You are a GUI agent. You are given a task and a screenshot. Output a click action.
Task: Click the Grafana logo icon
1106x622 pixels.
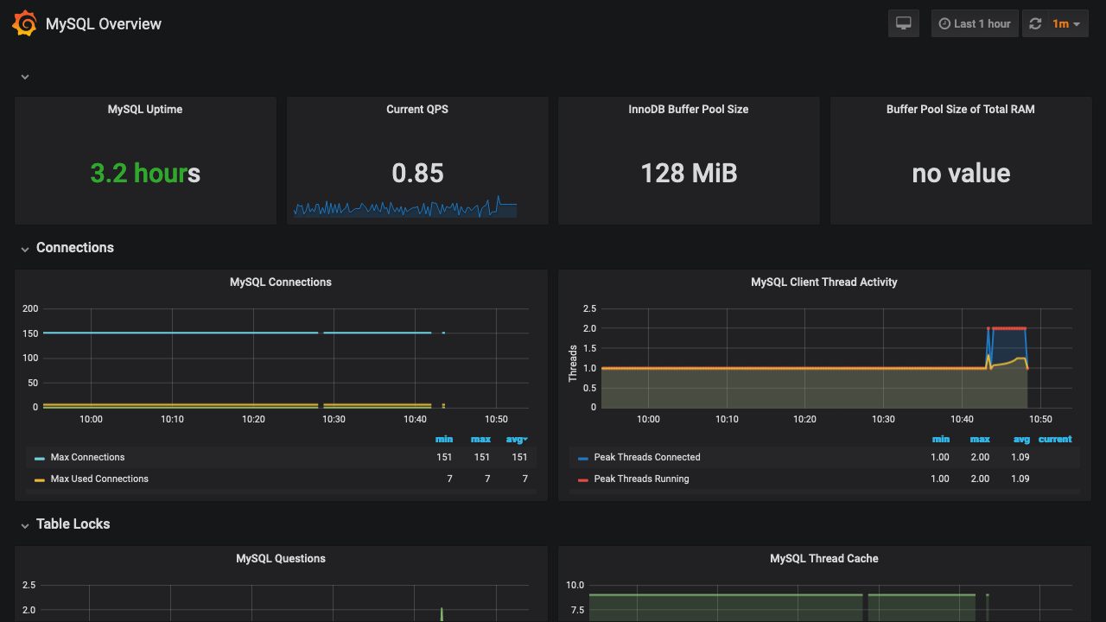[x=24, y=23]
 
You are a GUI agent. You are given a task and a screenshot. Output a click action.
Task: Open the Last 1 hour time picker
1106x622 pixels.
[x=974, y=23]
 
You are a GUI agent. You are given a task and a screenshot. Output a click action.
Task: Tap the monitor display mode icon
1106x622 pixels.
[x=904, y=23]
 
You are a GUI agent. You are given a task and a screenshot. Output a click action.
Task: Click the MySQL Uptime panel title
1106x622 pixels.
[x=145, y=110]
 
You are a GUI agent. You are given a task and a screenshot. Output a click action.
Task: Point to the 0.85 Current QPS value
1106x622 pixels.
[x=417, y=173]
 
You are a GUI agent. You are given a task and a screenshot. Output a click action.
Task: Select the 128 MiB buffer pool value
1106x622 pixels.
[x=689, y=173]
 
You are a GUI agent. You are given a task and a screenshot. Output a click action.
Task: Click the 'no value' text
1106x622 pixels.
[x=961, y=173]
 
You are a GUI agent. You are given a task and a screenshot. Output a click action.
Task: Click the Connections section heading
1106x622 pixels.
[x=75, y=248]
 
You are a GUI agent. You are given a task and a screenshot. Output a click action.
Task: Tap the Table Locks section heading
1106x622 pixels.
[x=73, y=524]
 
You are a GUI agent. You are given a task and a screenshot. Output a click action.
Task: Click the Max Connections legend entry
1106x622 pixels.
[x=87, y=457]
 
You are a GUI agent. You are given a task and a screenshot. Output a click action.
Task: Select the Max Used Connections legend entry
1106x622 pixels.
[x=99, y=479]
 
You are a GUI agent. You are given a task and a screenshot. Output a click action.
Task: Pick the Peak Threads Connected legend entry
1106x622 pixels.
[x=647, y=457]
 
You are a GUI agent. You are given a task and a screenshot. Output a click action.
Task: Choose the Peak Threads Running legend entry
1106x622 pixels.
[x=641, y=479]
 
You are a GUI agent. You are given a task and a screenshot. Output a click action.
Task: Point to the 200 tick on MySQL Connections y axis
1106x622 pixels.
[x=30, y=308]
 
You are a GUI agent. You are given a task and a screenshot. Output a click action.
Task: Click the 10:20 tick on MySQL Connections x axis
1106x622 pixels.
[x=253, y=419]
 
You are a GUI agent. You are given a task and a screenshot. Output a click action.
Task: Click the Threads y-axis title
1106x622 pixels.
[x=573, y=363]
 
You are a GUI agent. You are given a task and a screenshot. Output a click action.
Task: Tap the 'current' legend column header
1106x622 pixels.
[x=1055, y=439]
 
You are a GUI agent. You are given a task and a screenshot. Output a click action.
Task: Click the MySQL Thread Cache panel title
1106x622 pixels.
[x=824, y=559]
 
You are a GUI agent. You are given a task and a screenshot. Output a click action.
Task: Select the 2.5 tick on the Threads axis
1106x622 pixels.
[x=589, y=308]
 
